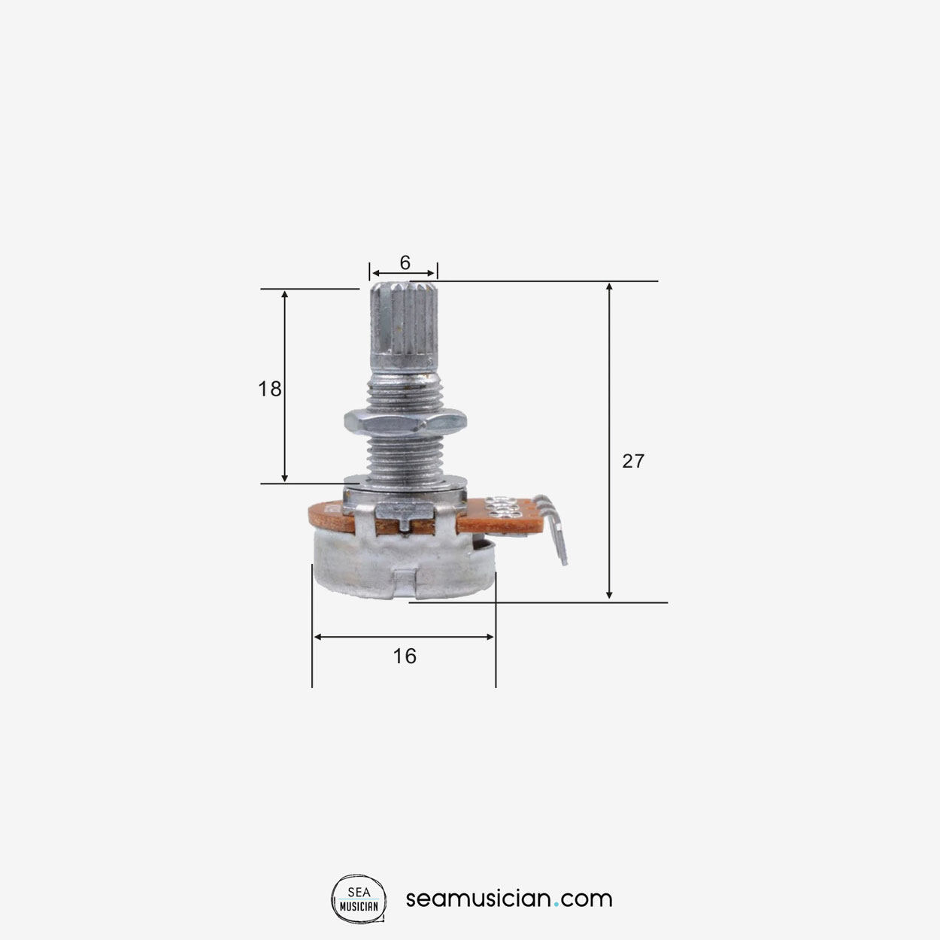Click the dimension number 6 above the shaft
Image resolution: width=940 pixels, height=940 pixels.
pos(405,262)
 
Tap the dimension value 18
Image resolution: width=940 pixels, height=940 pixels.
pos(269,389)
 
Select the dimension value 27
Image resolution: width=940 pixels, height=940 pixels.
pos(632,461)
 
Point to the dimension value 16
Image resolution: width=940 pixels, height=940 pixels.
pos(404,656)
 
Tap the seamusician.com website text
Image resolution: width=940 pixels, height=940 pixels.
pos(509,899)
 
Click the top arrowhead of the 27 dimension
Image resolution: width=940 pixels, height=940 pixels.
pos(609,287)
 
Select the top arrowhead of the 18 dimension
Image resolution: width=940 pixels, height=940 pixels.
pos(284,294)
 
